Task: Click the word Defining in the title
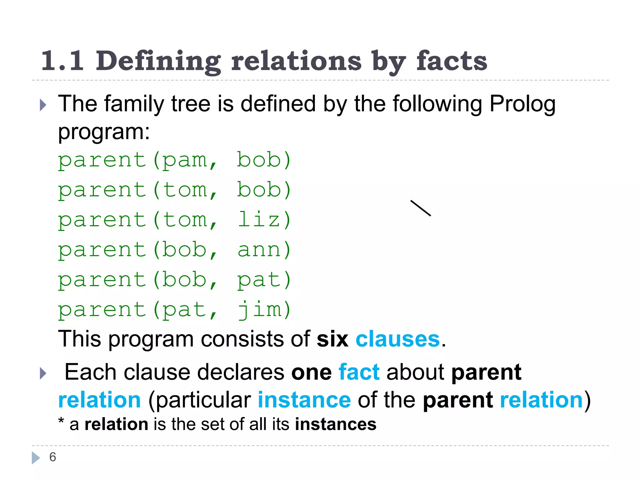158,61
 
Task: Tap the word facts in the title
451,61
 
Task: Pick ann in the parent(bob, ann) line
259,250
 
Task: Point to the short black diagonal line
421,208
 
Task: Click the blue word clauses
397,339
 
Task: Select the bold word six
332,339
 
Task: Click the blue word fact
359,372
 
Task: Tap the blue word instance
304,400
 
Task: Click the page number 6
53,457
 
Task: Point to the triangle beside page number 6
36,458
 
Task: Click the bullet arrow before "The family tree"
43,105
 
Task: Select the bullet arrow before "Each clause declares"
43,373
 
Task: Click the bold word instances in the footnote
336,424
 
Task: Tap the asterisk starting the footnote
61,421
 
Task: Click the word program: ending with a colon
104,132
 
